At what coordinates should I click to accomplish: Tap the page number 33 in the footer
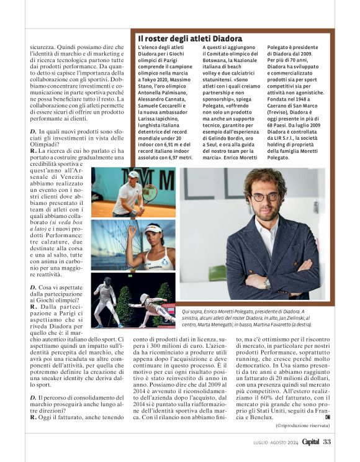coord(327,442)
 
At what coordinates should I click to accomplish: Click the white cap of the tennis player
coord(133,174)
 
